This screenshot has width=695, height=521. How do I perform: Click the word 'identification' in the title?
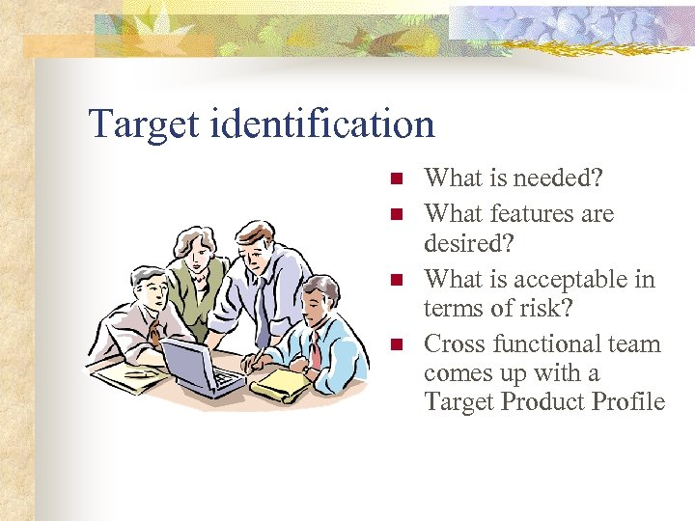click(x=320, y=124)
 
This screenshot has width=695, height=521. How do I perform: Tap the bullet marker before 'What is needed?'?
click(x=394, y=178)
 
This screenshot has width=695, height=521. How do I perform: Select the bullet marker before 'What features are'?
click(x=394, y=214)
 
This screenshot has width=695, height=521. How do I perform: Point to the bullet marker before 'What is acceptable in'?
click(x=394, y=280)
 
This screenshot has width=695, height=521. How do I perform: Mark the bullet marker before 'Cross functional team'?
click(x=394, y=344)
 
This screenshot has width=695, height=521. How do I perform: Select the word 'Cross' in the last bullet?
click(x=455, y=343)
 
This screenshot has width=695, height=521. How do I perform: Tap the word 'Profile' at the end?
click(x=627, y=401)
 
